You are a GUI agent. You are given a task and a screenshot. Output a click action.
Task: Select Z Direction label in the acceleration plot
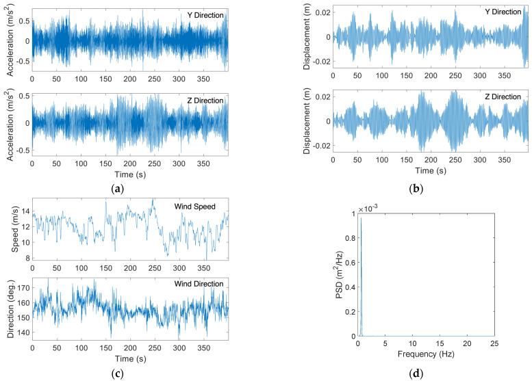(205, 101)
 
